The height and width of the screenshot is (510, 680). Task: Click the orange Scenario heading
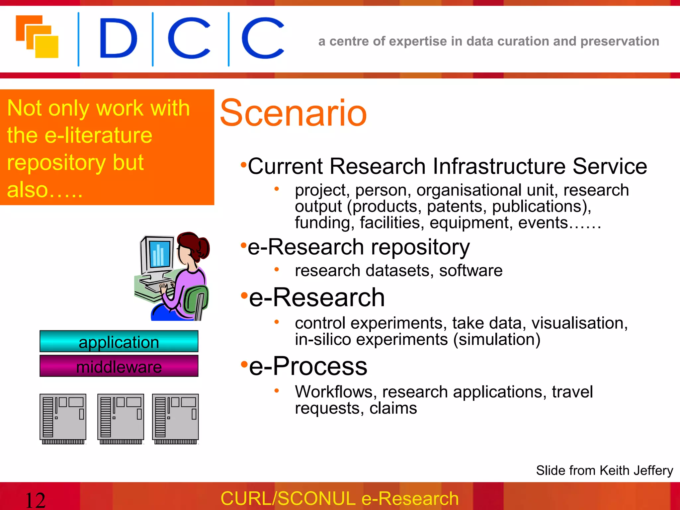click(293, 114)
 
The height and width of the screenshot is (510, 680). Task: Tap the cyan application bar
click(119, 342)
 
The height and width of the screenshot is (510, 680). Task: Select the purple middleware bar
click(119, 366)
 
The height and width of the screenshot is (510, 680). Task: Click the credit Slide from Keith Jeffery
click(604, 470)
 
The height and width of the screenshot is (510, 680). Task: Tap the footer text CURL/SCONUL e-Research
click(340, 498)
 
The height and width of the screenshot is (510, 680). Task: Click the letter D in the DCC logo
click(118, 39)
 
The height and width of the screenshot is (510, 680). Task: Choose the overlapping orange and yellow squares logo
click(37, 37)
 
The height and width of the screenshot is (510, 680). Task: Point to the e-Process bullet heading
click(308, 366)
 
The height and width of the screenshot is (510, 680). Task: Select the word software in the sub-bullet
click(471, 271)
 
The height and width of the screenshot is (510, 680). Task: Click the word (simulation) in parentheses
click(497, 339)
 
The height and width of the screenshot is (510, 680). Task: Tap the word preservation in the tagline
click(620, 41)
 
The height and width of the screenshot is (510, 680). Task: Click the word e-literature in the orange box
click(98, 135)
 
